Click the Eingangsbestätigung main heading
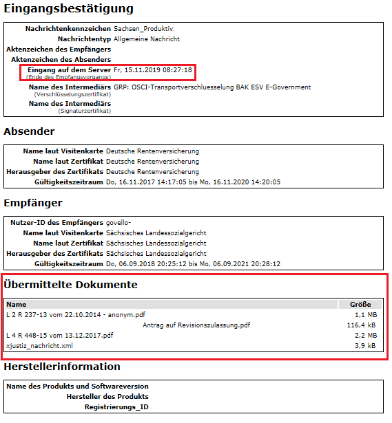click(x=68, y=9)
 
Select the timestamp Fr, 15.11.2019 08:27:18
click(x=152, y=70)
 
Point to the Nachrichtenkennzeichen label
click(x=68, y=29)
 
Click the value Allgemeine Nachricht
click(x=147, y=39)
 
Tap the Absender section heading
click(x=29, y=131)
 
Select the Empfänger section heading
click(x=33, y=203)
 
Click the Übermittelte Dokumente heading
click(x=71, y=285)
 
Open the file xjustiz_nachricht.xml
click(x=39, y=345)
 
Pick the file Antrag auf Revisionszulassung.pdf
click(x=196, y=325)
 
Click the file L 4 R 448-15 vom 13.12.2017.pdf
click(x=59, y=335)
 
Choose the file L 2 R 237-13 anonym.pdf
click(x=76, y=314)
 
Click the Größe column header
click(x=360, y=304)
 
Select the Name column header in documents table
click(x=17, y=304)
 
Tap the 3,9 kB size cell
click(x=364, y=345)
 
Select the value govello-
click(x=118, y=224)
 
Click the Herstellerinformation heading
click(x=62, y=367)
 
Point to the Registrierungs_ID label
click(x=116, y=407)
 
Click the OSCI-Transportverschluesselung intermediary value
click(x=212, y=87)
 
